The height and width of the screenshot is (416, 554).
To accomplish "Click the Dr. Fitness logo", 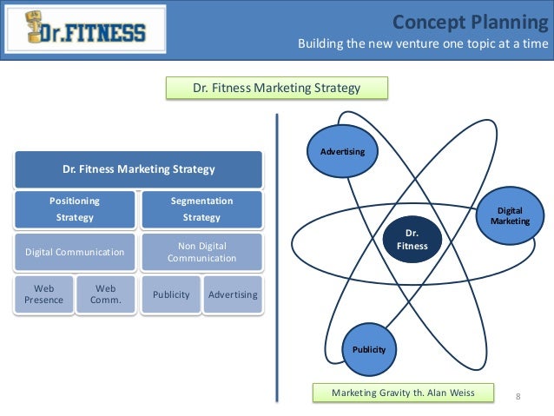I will coord(84,31).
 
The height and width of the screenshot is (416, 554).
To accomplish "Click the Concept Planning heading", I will coord(470,22).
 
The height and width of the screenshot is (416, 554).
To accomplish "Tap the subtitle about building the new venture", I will coord(423,44).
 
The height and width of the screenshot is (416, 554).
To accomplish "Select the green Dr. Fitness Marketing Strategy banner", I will coord(276,88).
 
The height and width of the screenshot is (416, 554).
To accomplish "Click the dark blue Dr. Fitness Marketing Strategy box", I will coord(138,169).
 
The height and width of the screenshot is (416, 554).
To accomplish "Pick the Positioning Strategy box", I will coord(74,209).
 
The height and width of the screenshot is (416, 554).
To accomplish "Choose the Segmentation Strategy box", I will coord(201,209).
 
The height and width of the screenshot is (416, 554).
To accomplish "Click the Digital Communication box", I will coord(74,252).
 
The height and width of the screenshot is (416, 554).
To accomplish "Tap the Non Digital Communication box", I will coord(201,252).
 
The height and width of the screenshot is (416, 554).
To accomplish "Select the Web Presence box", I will coord(43,294).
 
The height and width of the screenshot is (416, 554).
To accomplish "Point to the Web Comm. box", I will coord(105,294).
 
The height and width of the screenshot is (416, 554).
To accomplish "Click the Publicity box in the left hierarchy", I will coord(171,294).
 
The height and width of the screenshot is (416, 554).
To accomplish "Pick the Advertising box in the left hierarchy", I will coord(233,294).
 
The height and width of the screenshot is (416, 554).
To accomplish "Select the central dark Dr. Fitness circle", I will coord(412,240).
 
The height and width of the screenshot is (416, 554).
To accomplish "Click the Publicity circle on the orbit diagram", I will coord(369,349).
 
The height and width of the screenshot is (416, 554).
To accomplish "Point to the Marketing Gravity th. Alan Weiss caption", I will coord(403,393).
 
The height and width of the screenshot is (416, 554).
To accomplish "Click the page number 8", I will coord(518,397).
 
